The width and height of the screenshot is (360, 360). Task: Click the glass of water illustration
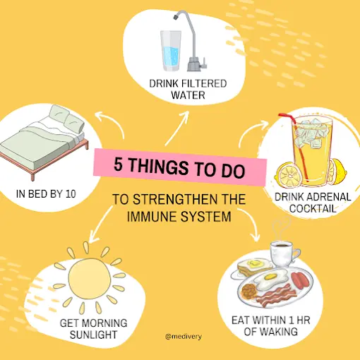(x=171, y=51)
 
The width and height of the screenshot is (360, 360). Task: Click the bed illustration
(x=44, y=141)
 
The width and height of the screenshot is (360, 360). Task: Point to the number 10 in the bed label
(x=71, y=194)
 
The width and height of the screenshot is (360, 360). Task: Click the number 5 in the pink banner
(x=119, y=164)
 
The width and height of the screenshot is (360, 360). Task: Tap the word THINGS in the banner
(x=159, y=166)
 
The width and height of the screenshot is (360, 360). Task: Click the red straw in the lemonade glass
(x=295, y=146)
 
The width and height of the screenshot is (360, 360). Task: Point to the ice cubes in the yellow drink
(x=311, y=134)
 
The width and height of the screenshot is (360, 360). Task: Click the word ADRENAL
(x=328, y=197)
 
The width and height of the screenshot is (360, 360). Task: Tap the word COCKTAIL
(x=313, y=208)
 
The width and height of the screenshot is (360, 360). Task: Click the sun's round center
(x=90, y=278)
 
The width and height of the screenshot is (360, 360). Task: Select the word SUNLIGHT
(x=93, y=335)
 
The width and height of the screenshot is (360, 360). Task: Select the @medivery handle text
(x=184, y=337)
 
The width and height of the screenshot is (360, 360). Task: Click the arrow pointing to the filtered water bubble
(x=176, y=128)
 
